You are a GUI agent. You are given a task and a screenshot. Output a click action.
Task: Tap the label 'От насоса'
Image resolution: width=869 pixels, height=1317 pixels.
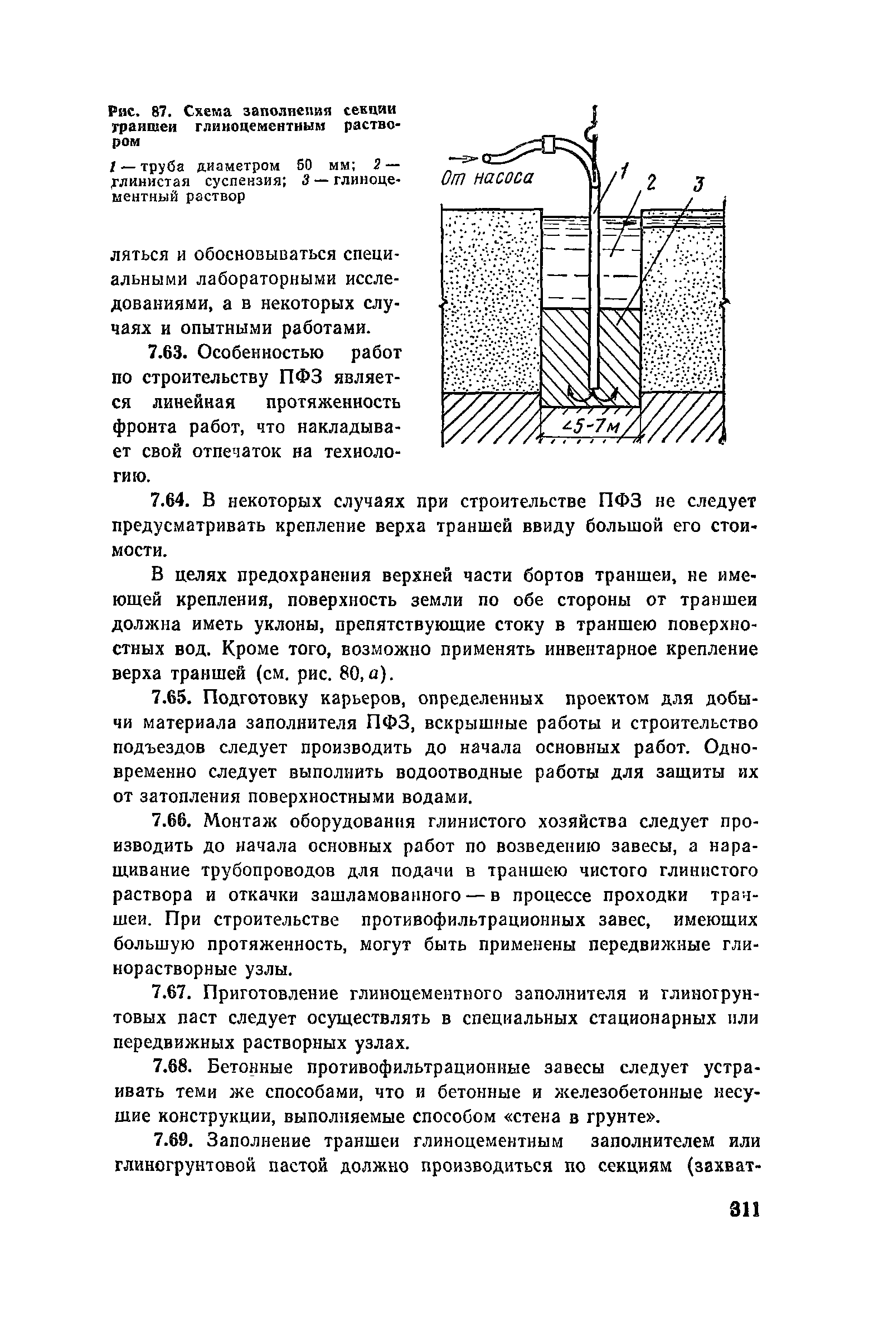pos(487,179)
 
